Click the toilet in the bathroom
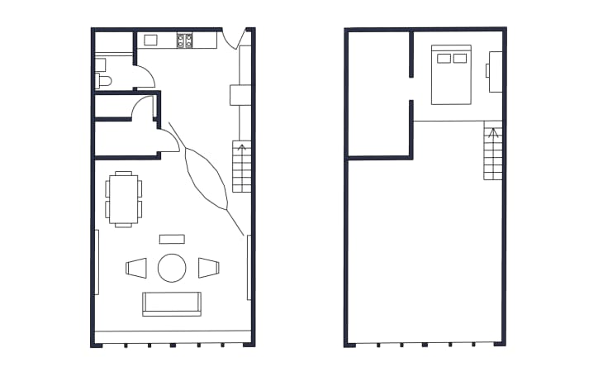point(102,81)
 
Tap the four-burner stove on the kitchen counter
point(184,39)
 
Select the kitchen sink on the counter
point(151,39)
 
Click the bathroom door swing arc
point(146,77)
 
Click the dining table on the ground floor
point(123,198)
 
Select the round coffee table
point(172,268)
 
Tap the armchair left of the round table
point(136,268)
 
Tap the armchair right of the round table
point(208,268)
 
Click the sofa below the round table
point(171,303)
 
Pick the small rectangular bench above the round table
point(172,239)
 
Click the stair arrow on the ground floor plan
point(241,153)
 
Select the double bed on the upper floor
point(450,76)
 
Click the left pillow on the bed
point(444,58)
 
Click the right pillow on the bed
point(458,58)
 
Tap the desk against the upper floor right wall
point(495,70)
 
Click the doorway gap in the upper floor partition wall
point(411,88)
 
